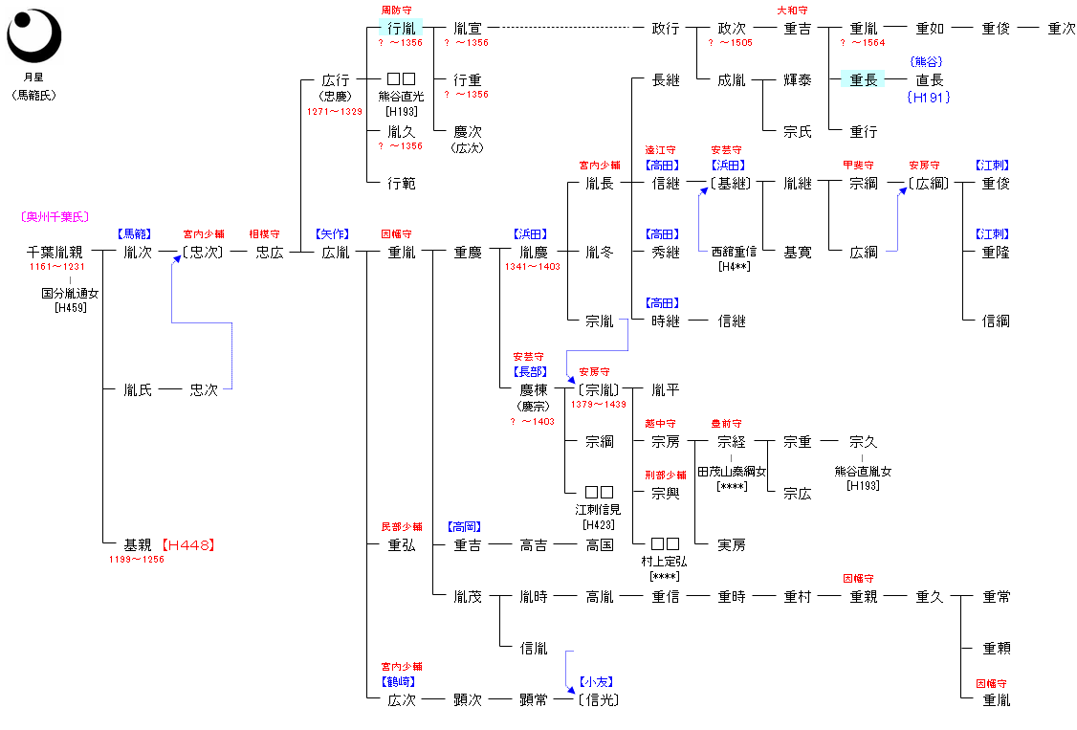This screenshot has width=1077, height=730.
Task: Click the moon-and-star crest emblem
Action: click(x=33, y=35)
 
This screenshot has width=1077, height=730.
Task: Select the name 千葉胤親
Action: click(x=55, y=253)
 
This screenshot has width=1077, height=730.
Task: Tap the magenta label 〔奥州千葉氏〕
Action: click(x=55, y=217)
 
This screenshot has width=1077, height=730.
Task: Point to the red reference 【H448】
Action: click(x=187, y=545)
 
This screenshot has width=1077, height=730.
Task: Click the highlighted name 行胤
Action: click(x=401, y=29)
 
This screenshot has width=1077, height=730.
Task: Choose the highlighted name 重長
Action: click(x=863, y=80)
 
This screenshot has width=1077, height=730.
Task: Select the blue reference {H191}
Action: click(x=928, y=97)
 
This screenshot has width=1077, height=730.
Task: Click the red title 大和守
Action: click(x=797, y=11)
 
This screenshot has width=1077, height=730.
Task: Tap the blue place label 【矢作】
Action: click(x=334, y=234)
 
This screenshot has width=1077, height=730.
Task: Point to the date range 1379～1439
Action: click(x=598, y=405)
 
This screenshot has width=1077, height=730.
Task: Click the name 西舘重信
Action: click(x=735, y=252)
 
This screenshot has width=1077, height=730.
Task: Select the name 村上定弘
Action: click(x=665, y=562)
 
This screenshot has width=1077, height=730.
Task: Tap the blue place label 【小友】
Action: click(x=597, y=682)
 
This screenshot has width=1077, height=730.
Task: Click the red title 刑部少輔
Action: click(x=665, y=476)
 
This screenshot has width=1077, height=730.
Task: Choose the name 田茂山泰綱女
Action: click(x=732, y=472)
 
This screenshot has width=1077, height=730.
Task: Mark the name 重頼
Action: click(x=996, y=649)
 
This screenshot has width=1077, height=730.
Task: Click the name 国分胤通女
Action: click(x=70, y=294)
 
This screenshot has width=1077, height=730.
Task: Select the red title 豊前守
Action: click(x=726, y=424)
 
